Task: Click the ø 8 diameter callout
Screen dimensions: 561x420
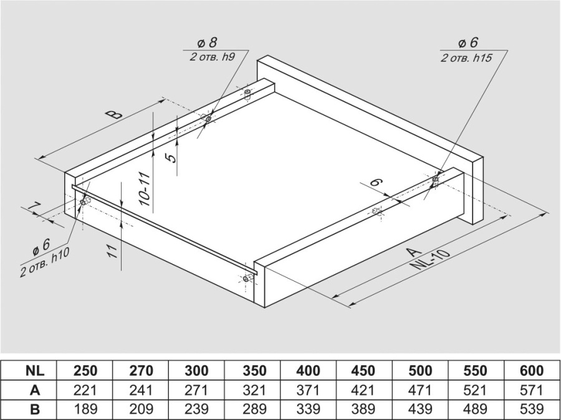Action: click(207, 43)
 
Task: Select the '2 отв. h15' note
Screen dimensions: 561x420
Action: click(466, 57)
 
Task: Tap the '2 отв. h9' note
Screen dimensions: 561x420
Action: click(212, 57)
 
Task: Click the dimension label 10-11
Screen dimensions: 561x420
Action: click(144, 189)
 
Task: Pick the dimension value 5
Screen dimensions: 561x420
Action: click(172, 158)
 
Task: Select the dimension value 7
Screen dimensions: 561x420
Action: click(33, 208)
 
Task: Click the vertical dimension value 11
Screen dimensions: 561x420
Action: click(112, 252)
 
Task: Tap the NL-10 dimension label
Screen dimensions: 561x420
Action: click(429, 260)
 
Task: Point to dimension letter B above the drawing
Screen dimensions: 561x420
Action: click(114, 115)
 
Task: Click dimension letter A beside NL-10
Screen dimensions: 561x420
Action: click(415, 251)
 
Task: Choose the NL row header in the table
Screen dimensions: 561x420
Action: click(35, 371)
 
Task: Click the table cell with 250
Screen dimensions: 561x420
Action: click(85, 371)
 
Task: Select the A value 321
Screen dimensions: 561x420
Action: click(254, 389)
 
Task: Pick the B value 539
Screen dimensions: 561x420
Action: click(532, 409)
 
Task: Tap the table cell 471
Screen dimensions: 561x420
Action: click(420, 389)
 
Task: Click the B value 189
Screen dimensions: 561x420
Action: click(85, 409)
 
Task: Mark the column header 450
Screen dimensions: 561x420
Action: click(363, 371)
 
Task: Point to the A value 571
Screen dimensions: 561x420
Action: click(532, 389)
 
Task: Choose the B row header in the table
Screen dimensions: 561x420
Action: click(35, 409)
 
